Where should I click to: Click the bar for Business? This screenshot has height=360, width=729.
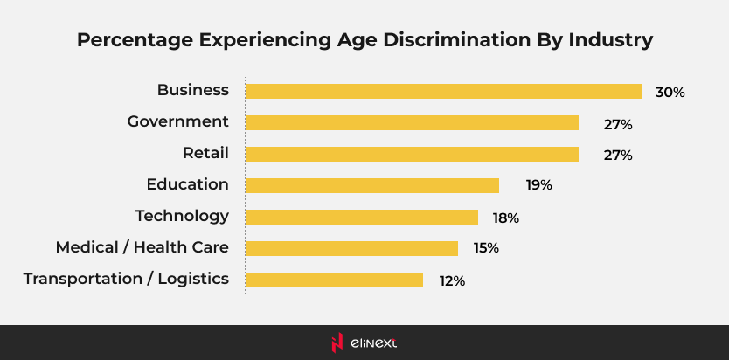[x=443, y=91]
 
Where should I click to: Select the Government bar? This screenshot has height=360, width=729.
[x=412, y=122]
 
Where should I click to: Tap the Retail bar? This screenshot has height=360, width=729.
[x=412, y=154]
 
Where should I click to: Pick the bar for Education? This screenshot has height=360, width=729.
[x=371, y=185]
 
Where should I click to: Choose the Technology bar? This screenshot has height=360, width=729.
[x=361, y=217]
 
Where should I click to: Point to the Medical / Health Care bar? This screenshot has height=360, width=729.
[x=351, y=248]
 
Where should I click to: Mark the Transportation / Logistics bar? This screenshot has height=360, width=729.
[x=334, y=280]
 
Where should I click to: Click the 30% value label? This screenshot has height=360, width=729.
[x=670, y=92]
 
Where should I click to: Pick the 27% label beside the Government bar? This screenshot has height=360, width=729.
[x=617, y=124]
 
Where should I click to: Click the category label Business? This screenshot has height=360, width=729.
[x=192, y=90]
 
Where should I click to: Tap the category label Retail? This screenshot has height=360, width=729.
[x=205, y=153]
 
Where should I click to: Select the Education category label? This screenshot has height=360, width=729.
[x=187, y=184]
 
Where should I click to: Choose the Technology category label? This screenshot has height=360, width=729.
[x=182, y=216]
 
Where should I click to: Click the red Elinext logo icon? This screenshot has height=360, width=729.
[x=337, y=343]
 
